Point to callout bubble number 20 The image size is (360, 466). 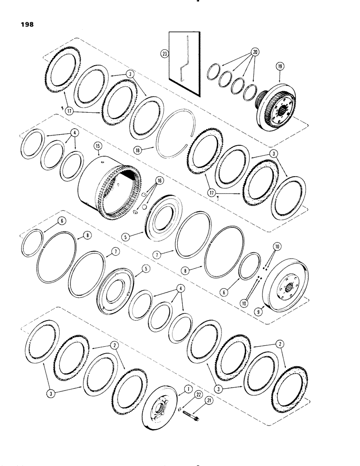(255, 52)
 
